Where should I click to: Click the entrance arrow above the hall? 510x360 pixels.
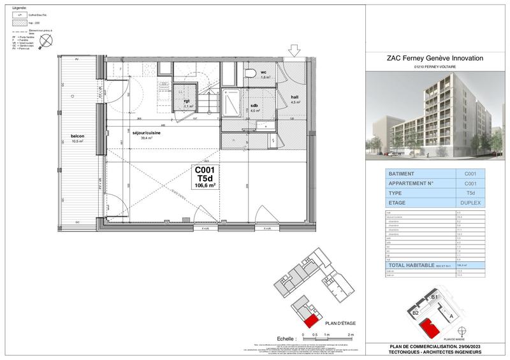[x=295, y=50]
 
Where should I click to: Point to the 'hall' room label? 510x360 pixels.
[x=295, y=97]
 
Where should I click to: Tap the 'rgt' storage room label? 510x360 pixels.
[x=187, y=101]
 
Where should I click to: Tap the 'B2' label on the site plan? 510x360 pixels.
[x=414, y=313]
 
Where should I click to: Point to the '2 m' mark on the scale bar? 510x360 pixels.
[x=350, y=335]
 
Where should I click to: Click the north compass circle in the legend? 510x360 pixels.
[x=45, y=41]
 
